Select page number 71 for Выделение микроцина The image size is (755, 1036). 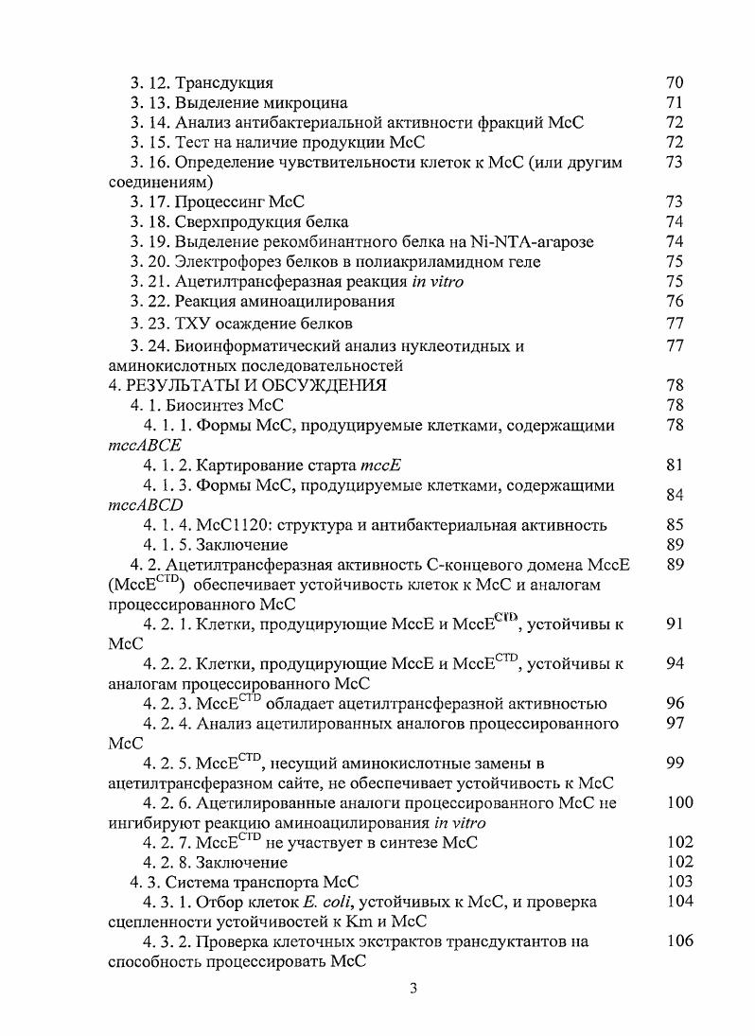tap(675, 102)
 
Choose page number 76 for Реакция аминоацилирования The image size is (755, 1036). tap(675, 301)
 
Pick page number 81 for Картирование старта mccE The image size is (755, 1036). tap(675, 465)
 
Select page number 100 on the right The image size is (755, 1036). tap(679, 802)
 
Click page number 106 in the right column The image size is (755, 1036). tap(679, 940)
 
